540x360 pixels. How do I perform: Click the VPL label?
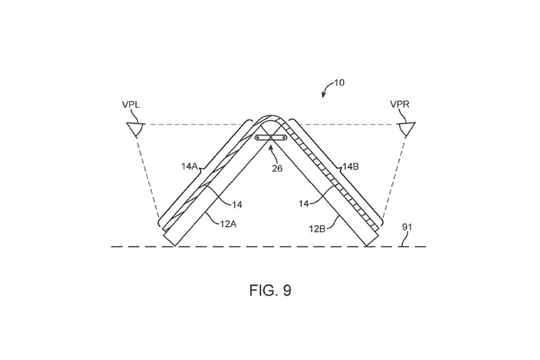(x=131, y=105)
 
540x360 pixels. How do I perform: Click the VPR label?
(x=400, y=104)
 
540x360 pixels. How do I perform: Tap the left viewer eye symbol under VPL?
(x=136, y=129)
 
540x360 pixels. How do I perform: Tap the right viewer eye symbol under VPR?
(x=406, y=129)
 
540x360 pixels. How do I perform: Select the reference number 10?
(x=339, y=83)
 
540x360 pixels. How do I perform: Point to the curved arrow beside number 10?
(x=327, y=88)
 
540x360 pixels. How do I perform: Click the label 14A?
(x=189, y=167)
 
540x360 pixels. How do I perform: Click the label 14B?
(x=351, y=167)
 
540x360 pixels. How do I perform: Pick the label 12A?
(x=228, y=224)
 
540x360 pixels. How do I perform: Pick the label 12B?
(x=317, y=229)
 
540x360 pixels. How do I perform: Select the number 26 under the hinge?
(x=277, y=168)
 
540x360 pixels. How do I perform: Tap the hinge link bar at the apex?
(x=271, y=138)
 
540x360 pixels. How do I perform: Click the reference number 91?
(x=407, y=228)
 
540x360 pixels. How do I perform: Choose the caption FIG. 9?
(x=271, y=290)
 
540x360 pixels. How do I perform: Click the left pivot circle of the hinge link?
(x=258, y=138)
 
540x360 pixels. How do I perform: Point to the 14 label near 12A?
(x=237, y=205)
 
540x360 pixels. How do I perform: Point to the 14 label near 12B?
(x=303, y=204)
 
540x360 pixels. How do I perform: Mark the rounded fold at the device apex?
(x=271, y=116)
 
